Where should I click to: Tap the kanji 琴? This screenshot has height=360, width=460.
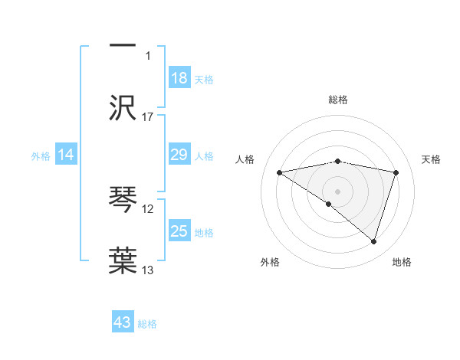coord(123,200)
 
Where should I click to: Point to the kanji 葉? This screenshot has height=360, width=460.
coord(123,259)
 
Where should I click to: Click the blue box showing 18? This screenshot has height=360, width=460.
coord(179,78)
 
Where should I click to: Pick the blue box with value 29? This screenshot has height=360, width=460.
coord(179,155)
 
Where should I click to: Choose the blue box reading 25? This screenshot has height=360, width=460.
coord(179,231)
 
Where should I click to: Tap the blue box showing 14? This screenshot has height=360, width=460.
coord(66,155)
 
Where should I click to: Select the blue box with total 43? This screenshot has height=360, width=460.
coord(123,322)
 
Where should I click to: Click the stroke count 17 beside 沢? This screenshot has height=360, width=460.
coord(148,116)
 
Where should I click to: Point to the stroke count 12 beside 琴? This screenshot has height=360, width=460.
coord(148,208)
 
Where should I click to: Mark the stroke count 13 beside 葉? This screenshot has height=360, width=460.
coord(148,270)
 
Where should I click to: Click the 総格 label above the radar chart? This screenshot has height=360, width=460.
coord(338,100)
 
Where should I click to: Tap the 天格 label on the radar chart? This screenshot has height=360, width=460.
coord(431,159)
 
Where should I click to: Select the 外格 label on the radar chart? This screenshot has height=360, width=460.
coord(269,263)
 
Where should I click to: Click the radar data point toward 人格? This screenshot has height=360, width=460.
coord(280,172)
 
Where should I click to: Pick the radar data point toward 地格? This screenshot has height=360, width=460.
coord(373,241)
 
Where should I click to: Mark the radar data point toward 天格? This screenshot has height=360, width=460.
coord(396,172)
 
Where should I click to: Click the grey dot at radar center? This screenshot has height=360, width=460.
coord(338,191)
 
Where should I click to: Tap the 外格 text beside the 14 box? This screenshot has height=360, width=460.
coord(41,156)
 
